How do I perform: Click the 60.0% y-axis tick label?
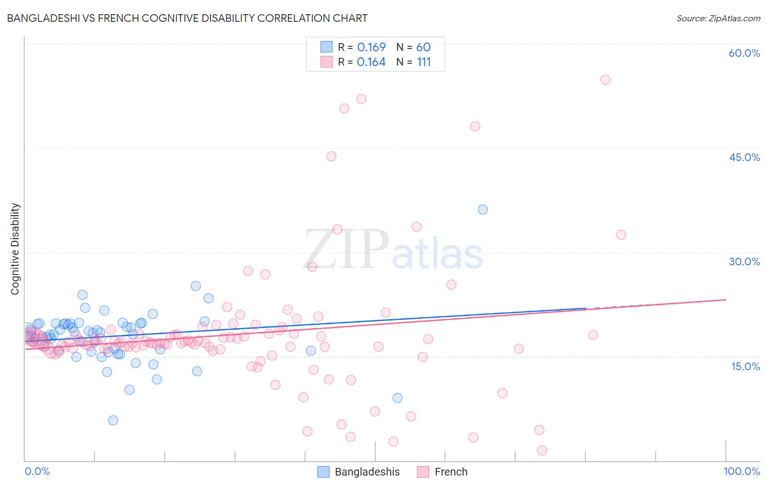[744, 53]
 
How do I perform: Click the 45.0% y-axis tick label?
[744, 157]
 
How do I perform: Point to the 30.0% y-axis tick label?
[744, 262]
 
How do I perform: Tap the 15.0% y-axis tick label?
[745, 366]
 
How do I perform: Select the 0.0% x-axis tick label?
[37, 471]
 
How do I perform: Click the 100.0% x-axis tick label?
[741, 471]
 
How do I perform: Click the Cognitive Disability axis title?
[15, 249]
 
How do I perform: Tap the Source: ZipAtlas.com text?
[718, 18]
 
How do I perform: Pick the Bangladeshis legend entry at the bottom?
[359, 472]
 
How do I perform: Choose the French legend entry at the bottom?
[442, 472]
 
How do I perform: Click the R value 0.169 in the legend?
[371, 47]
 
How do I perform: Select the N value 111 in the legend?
[424, 62]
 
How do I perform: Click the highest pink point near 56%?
[605, 80]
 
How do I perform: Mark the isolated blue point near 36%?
[483, 210]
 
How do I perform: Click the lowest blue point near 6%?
[113, 420]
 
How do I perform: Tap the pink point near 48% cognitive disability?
[475, 126]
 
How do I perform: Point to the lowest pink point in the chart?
[542, 450]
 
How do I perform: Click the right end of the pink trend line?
[726, 299]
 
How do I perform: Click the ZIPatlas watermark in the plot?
[393, 250]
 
